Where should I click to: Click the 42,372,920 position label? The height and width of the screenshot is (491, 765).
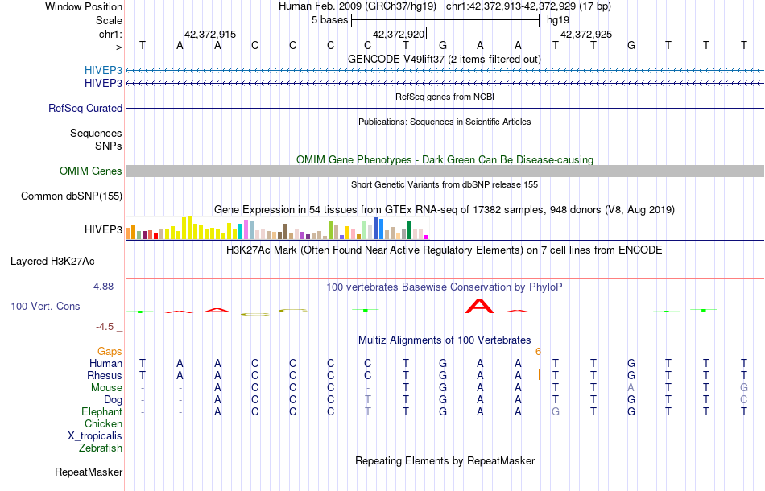399,35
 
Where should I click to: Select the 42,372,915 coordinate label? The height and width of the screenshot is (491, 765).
210,35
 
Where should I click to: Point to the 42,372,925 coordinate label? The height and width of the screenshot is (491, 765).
586,35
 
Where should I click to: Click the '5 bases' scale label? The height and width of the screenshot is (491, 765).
329,19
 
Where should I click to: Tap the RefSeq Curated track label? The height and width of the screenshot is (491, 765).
85,108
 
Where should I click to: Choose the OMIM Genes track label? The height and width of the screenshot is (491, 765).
91,171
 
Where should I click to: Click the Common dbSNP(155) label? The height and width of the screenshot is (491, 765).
72,196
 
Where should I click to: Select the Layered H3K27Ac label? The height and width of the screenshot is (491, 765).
52,261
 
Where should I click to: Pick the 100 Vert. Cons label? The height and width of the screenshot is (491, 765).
45,307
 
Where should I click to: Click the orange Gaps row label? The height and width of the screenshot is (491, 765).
110,352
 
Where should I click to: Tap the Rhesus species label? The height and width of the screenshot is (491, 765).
105,375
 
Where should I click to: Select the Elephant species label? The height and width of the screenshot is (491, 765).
101,411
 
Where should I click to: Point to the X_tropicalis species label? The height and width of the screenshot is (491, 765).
95,435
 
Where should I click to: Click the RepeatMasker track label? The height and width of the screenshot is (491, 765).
89,472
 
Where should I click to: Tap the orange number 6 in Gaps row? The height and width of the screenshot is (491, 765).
538,352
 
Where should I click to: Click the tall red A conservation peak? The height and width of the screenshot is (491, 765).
480,306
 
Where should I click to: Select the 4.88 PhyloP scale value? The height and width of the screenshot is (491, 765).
105,286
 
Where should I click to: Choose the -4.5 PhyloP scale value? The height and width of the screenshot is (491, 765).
107,326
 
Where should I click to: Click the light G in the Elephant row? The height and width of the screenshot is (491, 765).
555,411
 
